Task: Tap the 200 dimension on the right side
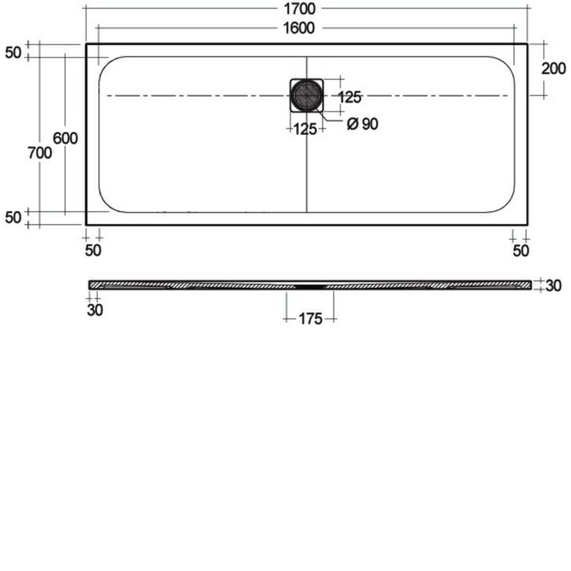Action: (x=554, y=69)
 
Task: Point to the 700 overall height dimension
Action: (x=39, y=152)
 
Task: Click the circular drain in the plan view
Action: (x=307, y=95)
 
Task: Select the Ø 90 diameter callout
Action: (x=363, y=123)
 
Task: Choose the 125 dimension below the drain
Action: (x=305, y=129)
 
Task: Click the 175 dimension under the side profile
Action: (x=309, y=318)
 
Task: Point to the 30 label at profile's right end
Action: (x=553, y=285)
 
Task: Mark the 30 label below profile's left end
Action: (x=94, y=310)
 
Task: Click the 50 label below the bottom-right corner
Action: (x=520, y=250)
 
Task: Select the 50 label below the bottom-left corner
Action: (x=93, y=250)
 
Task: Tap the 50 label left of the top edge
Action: (x=13, y=52)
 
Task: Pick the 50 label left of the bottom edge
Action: (x=13, y=218)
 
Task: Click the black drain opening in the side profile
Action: (x=309, y=284)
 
